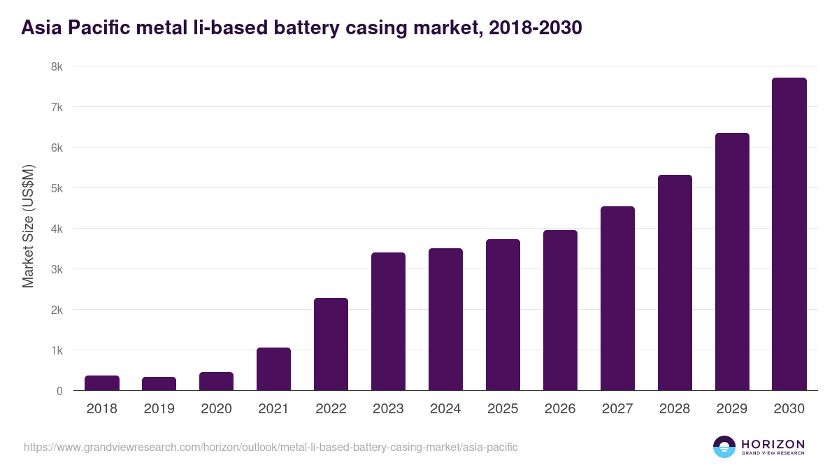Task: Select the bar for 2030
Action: tap(789, 234)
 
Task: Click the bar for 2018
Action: tap(102, 383)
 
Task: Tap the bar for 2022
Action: tap(331, 344)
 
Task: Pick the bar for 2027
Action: tap(617, 299)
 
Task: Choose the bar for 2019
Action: tap(159, 384)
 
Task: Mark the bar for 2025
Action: tap(503, 315)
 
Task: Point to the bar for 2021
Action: tap(273, 369)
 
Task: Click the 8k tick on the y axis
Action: tap(57, 67)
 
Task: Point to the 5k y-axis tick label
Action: tap(57, 189)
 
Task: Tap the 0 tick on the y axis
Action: tap(59, 391)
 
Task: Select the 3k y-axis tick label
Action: tap(57, 270)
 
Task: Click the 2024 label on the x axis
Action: tap(445, 409)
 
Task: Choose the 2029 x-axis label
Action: tap(732, 409)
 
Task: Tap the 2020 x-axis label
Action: tap(216, 409)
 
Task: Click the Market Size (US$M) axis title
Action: tap(28, 226)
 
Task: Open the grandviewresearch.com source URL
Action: tap(271, 447)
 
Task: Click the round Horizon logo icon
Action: tap(724, 447)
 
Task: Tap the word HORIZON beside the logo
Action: tap(773, 443)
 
